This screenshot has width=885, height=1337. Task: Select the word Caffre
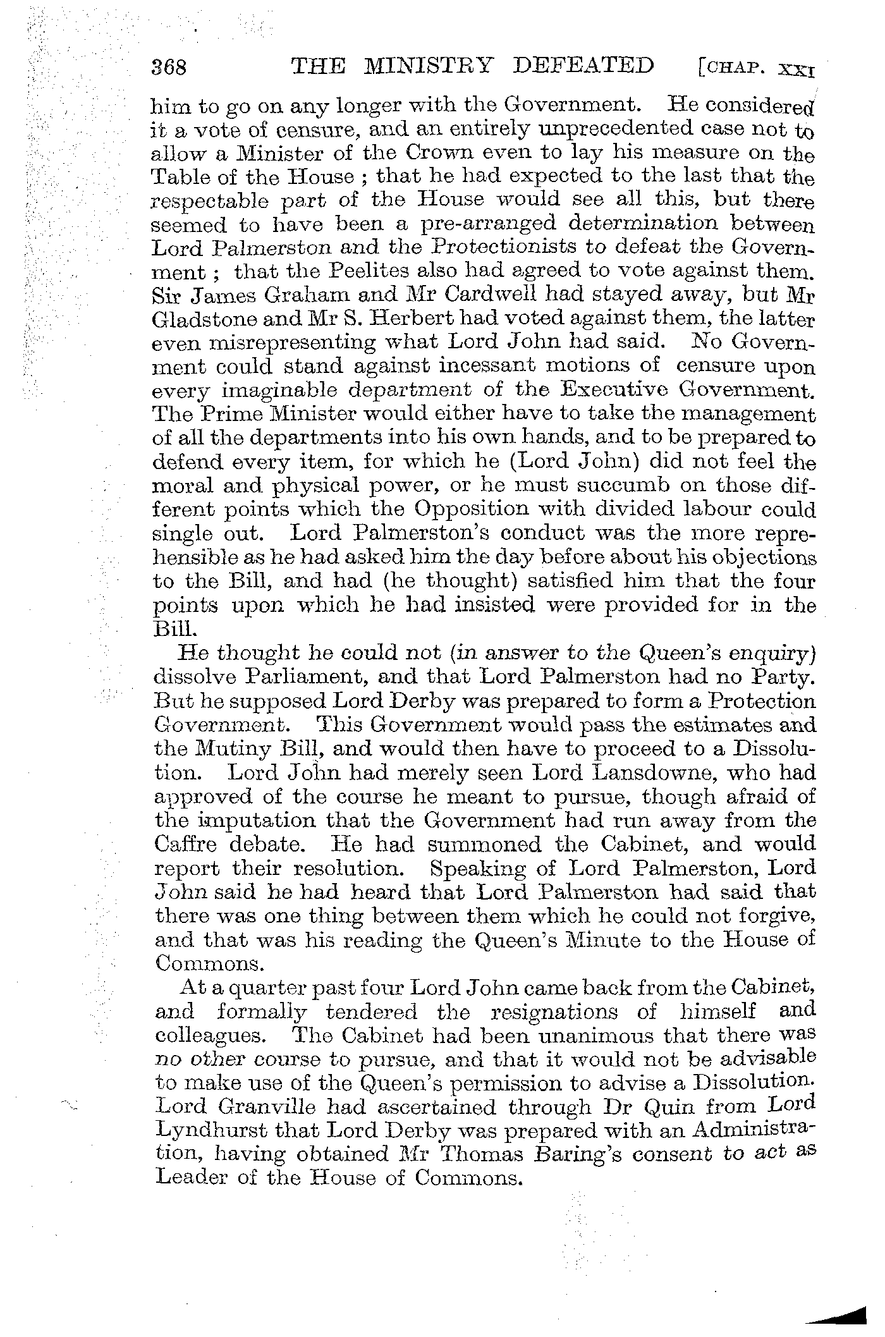[186, 845]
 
